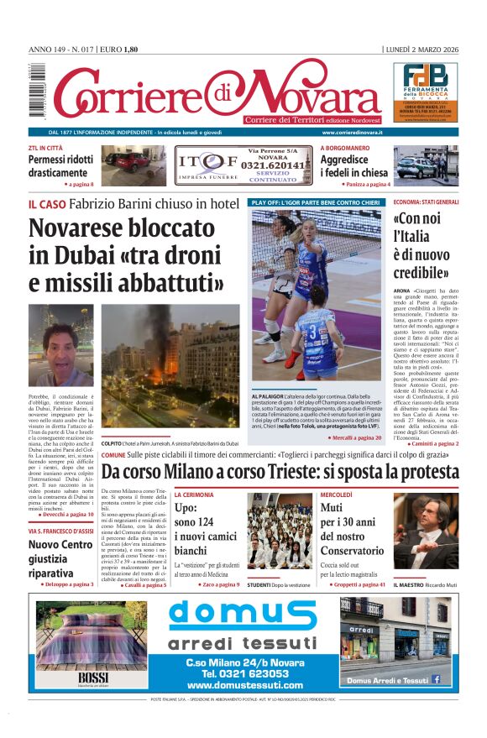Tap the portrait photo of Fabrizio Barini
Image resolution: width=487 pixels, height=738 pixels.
tap(60, 345)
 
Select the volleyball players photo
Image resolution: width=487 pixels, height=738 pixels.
tap(317, 297)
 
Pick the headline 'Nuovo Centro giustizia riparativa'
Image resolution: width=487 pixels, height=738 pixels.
tap(60, 558)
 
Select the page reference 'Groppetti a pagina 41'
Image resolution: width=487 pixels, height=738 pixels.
tap(354, 584)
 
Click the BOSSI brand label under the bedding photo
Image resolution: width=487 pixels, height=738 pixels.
tap(90, 678)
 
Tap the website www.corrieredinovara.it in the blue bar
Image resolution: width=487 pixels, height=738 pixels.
tap(352, 133)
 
